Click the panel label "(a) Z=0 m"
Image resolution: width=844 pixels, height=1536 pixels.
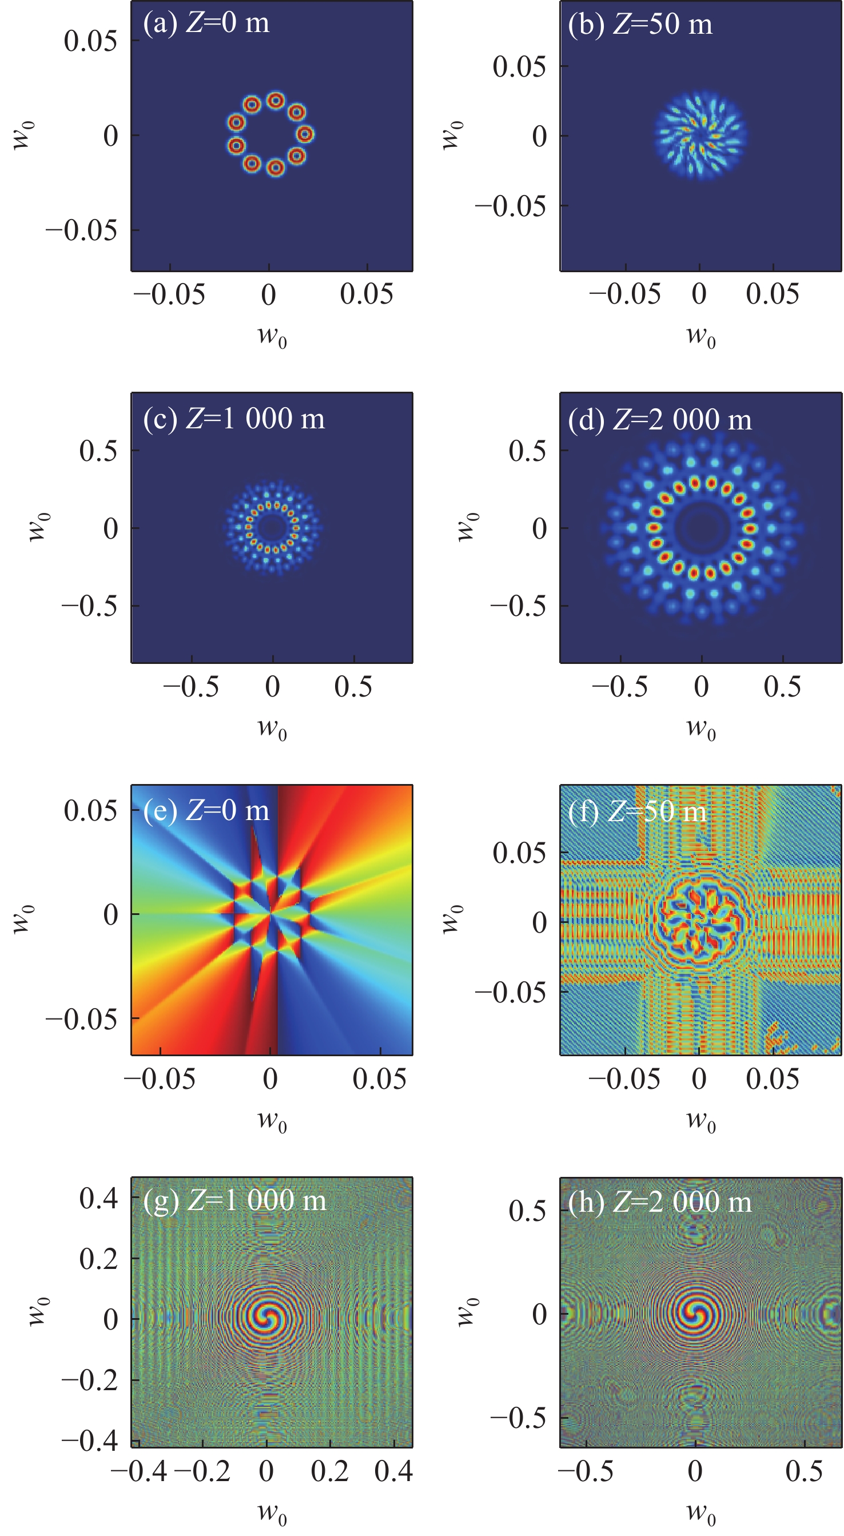(206, 24)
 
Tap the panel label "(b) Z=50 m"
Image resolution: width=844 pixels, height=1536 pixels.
(639, 25)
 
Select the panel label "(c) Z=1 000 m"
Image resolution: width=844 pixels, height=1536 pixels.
(234, 419)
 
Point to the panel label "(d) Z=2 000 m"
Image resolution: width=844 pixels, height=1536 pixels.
(659, 420)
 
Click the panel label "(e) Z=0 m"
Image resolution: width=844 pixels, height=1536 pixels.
(206, 811)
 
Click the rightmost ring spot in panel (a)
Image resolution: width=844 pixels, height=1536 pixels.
(305, 134)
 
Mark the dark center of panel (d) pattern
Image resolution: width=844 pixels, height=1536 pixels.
(701, 527)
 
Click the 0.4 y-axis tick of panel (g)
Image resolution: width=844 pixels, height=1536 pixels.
(99, 1199)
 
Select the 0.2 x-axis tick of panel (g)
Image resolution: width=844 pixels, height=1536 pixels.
(329, 1471)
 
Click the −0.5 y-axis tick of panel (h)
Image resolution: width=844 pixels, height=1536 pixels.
(518, 1419)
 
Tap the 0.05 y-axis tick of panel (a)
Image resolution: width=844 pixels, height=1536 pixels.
(90, 41)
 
